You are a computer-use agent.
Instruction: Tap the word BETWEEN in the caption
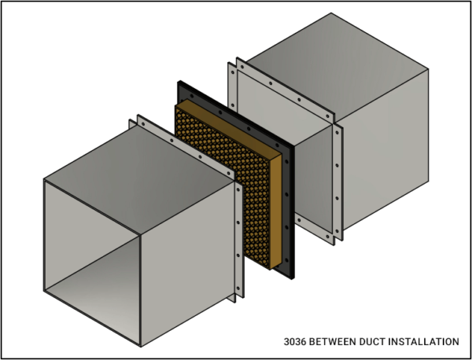(335, 342)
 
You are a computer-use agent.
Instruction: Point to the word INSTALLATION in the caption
(426, 342)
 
